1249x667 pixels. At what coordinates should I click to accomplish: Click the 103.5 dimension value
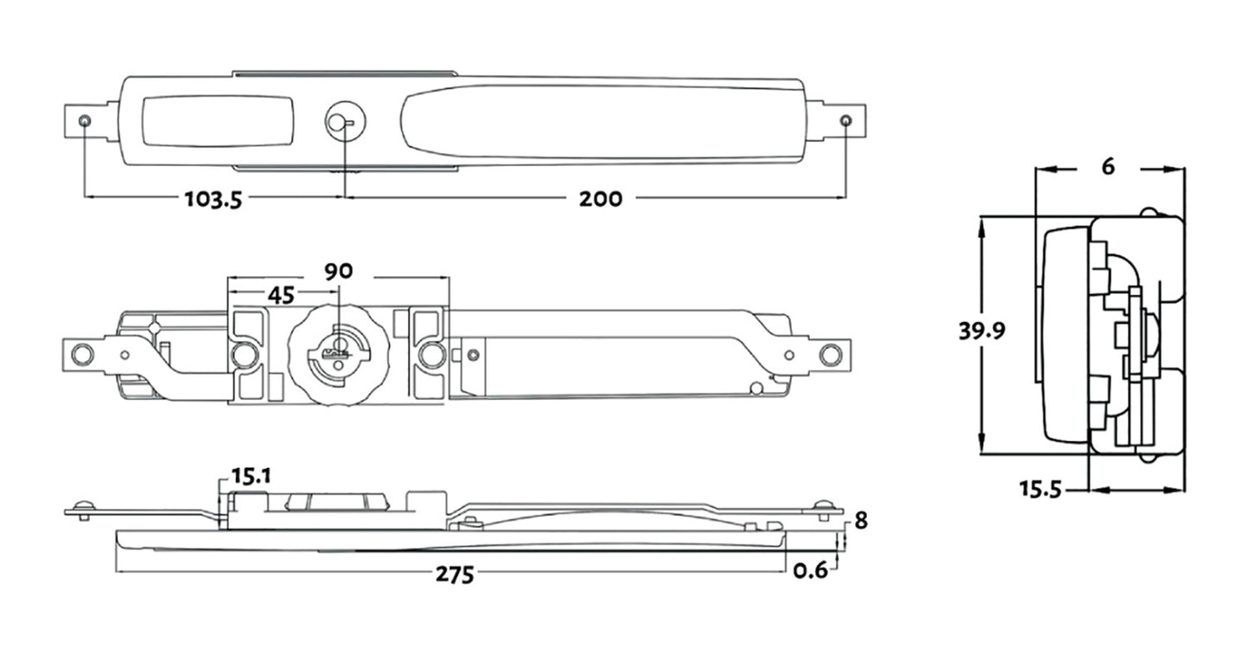(x=213, y=199)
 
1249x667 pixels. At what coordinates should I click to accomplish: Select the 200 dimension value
(x=600, y=199)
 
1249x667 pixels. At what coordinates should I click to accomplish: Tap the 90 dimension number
(x=338, y=271)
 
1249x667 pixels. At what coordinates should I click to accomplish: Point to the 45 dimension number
(x=280, y=295)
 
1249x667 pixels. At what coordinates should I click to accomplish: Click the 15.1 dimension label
(x=252, y=475)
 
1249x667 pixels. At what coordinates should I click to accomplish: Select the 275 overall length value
(x=455, y=574)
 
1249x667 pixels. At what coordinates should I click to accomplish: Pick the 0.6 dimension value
(x=810, y=569)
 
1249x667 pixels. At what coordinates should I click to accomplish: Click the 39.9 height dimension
(x=981, y=331)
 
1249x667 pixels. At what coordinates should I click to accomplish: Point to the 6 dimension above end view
(x=1108, y=168)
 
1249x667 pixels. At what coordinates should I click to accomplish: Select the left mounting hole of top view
(x=84, y=120)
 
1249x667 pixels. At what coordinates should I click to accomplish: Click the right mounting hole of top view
(x=846, y=119)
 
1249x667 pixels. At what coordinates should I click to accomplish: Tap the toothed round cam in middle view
(x=338, y=353)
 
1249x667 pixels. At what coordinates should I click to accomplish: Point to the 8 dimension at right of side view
(x=860, y=521)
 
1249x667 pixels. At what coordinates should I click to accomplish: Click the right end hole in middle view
(x=828, y=353)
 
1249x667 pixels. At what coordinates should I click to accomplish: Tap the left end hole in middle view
(x=81, y=354)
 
